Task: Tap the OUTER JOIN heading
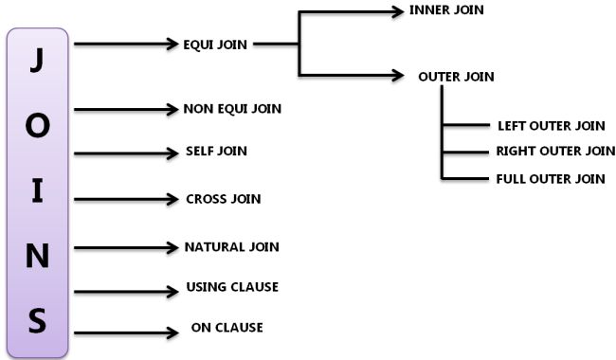456,77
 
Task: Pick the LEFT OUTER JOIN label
551,125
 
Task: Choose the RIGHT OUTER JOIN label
555,151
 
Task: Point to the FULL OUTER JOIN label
551,178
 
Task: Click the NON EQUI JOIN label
232,109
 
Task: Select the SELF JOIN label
217,152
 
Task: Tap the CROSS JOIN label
224,199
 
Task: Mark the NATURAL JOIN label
231,247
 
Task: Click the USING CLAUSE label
232,287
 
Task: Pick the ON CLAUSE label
226,328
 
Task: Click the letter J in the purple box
37,60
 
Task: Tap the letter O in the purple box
37,126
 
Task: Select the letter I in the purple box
37,189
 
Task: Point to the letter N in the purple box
37,257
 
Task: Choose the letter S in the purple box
37,320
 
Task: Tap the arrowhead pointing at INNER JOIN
396,11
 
